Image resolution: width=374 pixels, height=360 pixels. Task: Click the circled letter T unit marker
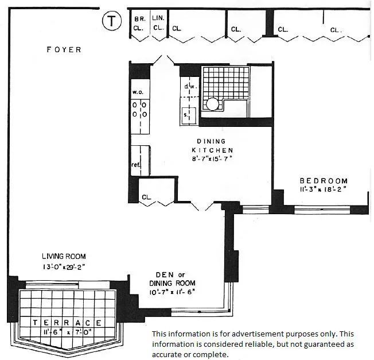tap(111, 22)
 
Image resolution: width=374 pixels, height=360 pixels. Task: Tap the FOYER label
tap(64, 50)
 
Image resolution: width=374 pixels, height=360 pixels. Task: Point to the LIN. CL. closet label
tap(159, 22)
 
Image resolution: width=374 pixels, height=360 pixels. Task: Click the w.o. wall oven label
tap(138, 92)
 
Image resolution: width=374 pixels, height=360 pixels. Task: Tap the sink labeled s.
tap(186, 115)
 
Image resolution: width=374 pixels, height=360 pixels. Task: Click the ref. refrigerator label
tap(137, 164)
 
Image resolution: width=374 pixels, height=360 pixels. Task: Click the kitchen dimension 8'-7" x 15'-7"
tap(211, 158)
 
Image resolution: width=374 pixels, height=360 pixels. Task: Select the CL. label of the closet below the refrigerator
tap(147, 197)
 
